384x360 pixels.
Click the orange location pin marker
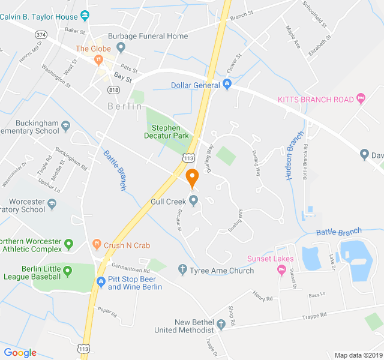coord(192,178)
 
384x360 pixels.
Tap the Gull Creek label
coord(169,202)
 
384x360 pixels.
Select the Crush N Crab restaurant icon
coord(97,245)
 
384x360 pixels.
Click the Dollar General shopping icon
coord(227,85)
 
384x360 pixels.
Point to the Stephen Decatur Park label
coord(170,131)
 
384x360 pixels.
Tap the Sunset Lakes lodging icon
coord(281,270)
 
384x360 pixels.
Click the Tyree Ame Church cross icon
coord(183,270)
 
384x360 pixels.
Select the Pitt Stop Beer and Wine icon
coord(101,281)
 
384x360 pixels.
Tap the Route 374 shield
coord(41,35)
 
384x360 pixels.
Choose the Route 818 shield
coord(113,89)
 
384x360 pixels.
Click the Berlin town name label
coord(125,106)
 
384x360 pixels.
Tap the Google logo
coord(20,353)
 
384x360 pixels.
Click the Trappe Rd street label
coord(314,315)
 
